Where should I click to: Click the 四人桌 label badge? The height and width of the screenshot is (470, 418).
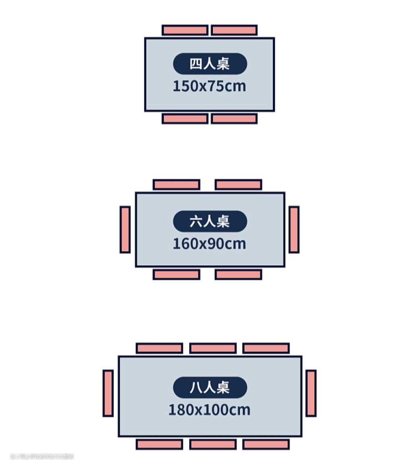tap(210, 64)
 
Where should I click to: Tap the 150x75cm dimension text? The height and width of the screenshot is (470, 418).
tap(209, 86)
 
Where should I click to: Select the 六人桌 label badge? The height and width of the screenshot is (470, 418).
tap(210, 221)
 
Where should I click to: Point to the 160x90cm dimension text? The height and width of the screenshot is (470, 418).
tap(209, 244)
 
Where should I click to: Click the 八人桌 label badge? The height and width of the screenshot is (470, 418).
tap(210, 388)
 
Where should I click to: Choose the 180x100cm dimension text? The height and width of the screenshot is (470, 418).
tap(209, 410)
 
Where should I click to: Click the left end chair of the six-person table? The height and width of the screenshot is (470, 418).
tap(125, 230)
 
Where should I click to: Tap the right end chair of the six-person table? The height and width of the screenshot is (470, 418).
tap(294, 230)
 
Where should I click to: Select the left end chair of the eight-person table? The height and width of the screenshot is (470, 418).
tap(108, 393)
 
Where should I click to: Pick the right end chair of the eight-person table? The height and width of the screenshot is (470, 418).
tap(311, 393)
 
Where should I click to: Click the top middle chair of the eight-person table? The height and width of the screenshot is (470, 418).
tap(213, 348)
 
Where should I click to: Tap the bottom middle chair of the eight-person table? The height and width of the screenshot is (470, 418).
tap(213, 444)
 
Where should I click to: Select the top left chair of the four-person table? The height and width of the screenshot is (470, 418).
tap(185, 30)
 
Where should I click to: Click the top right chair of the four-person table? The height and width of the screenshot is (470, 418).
tap(234, 30)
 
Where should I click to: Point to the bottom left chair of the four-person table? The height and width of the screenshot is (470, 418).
tap(185, 119)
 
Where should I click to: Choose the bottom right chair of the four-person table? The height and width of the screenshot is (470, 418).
tap(234, 119)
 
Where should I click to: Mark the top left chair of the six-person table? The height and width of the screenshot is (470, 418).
tap(176, 185)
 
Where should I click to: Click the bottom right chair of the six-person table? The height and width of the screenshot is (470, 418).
tap(238, 275)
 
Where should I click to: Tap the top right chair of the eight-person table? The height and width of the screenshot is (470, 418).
tap(266, 348)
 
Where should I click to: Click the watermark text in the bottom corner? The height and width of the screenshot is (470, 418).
tap(42, 456)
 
